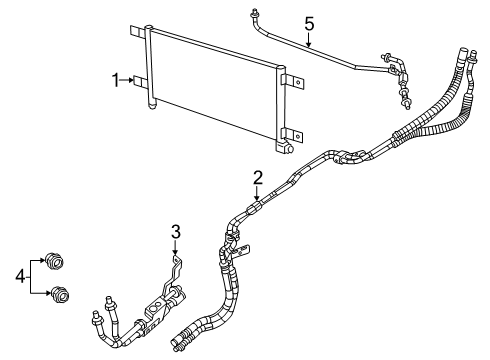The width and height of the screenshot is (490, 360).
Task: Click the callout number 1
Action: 116,79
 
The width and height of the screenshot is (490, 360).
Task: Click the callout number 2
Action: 258,178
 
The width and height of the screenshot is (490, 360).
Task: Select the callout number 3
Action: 175,233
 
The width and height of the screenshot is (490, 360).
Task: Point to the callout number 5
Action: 309,25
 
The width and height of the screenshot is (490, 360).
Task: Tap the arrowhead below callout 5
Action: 309,46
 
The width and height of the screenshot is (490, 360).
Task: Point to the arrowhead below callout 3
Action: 175,254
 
